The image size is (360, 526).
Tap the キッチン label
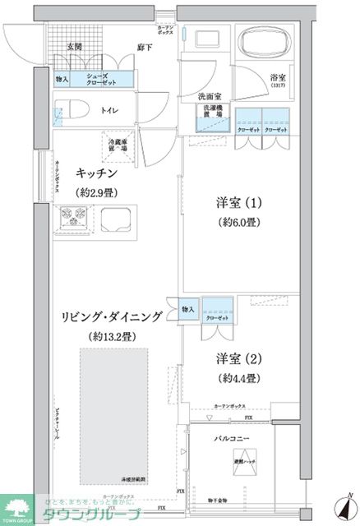95,173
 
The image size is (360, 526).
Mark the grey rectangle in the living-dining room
113,415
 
